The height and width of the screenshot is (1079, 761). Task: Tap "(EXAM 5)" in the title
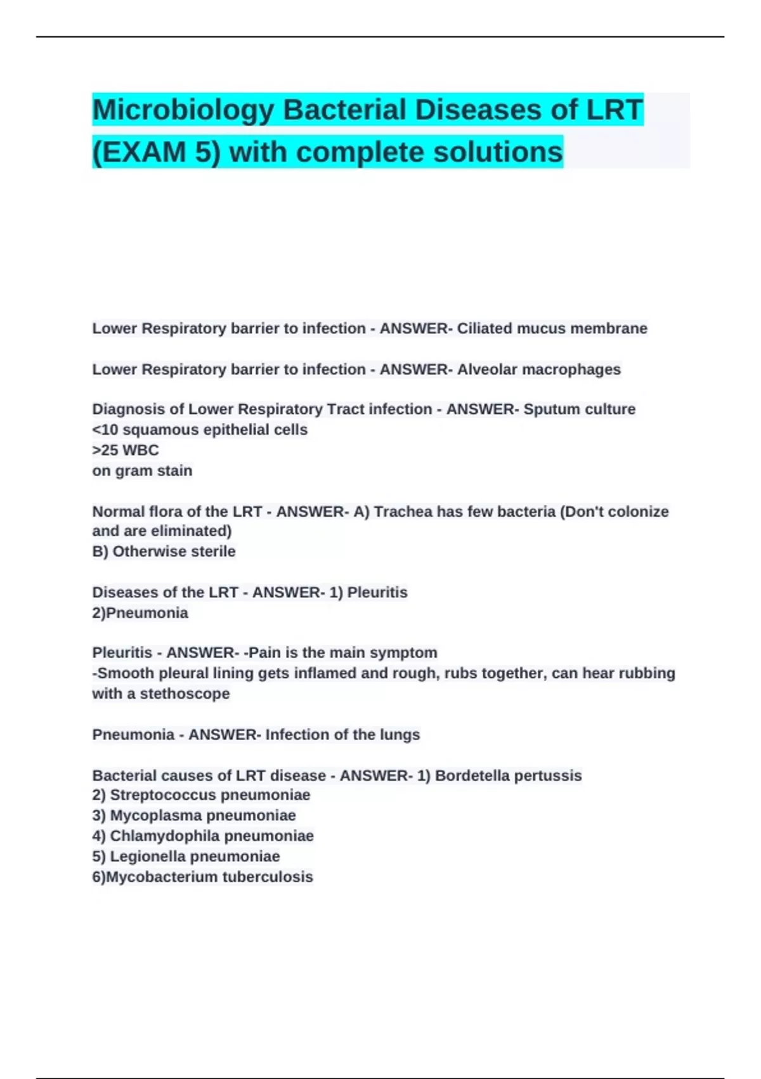(x=156, y=152)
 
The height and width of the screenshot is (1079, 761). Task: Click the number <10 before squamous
(x=105, y=430)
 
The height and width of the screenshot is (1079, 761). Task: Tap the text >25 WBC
(x=126, y=450)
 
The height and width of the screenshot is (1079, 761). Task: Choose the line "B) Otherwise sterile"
(x=164, y=552)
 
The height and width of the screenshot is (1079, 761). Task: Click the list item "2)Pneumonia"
(x=140, y=613)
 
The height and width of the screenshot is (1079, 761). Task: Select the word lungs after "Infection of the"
(x=400, y=735)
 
